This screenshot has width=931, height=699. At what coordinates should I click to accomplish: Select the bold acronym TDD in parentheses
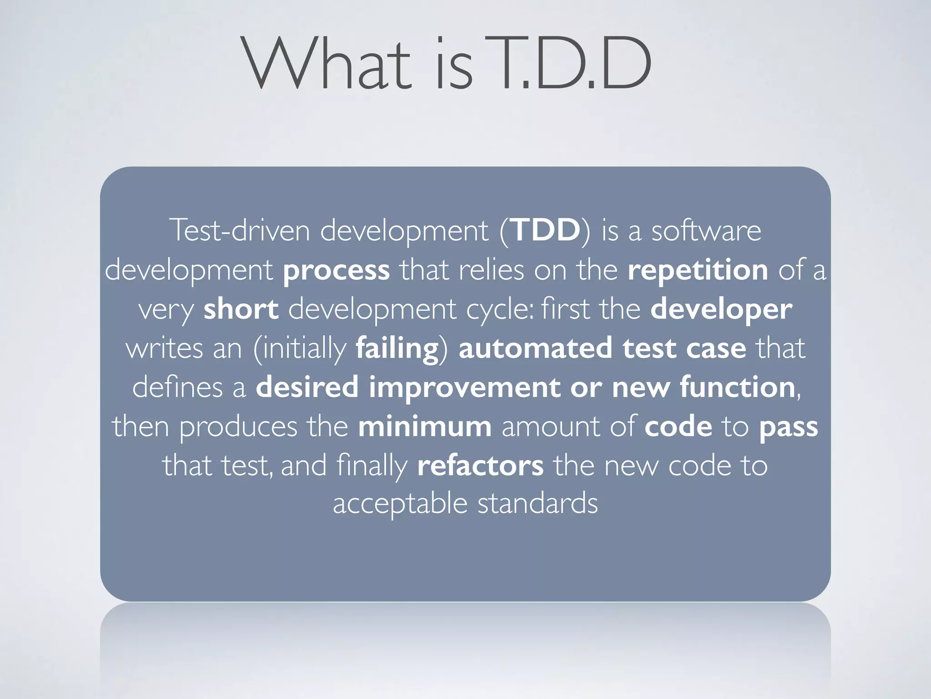pos(546,230)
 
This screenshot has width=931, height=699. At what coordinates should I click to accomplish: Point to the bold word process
pos(336,270)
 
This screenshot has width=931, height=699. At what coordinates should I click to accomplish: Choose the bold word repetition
pos(698,270)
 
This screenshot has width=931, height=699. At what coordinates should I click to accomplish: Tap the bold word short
pos(241,309)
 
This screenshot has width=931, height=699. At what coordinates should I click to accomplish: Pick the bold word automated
pos(536,348)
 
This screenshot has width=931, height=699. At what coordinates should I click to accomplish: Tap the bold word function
pos(737,387)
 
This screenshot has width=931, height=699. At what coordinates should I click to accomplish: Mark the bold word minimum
pos(425,427)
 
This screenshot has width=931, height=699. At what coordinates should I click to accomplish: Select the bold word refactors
pos(480,466)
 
